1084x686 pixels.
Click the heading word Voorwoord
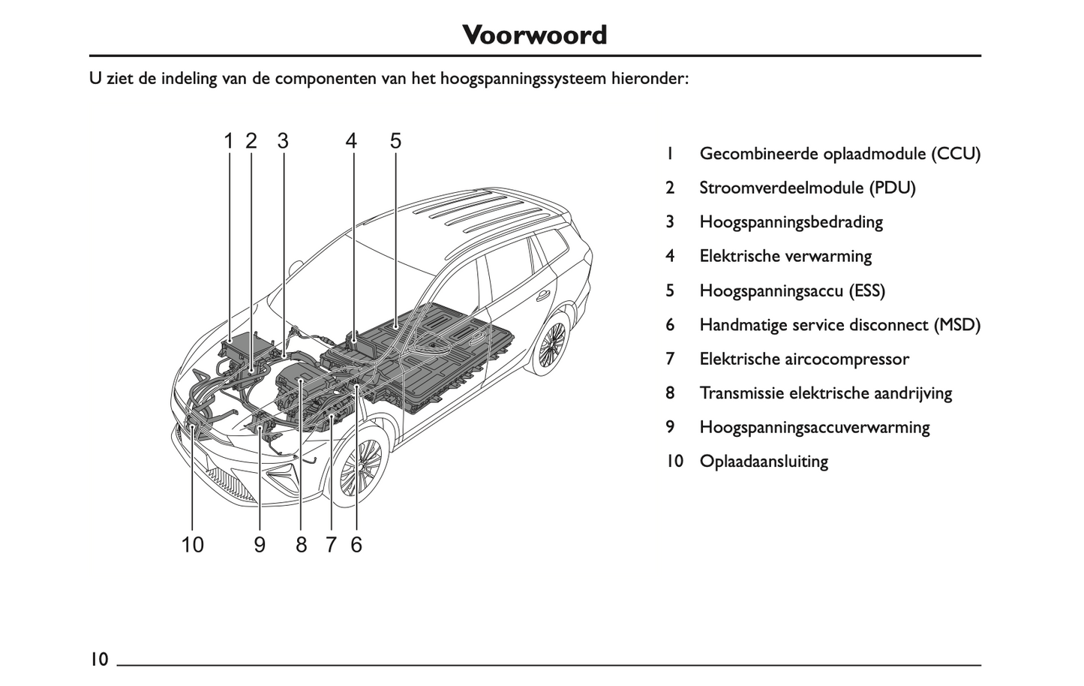click(x=534, y=35)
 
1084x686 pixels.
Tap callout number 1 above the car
click(x=229, y=141)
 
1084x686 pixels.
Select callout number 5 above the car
click(x=395, y=141)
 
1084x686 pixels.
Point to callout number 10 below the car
click(x=193, y=544)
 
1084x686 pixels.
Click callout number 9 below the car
click(x=260, y=544)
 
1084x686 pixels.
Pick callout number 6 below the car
click(x=356, y=544)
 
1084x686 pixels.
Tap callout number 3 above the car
click(x=282, y=141)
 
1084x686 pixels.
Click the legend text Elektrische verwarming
click(x=785, y=256)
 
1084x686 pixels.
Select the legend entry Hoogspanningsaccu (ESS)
click(x=791, y=290)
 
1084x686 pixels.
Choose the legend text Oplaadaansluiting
click(x=763, y=461)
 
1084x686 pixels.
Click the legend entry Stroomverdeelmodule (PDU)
click(x=807, y=188)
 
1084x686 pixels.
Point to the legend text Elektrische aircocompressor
click(x=803, y=359)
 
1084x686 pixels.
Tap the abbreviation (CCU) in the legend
click(x=956, y=154)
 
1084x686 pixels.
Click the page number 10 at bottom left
click(x=99, y=659)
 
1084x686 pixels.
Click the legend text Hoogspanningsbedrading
click(x=791, y=222)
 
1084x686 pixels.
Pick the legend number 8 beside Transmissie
click(x=670, y=393)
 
